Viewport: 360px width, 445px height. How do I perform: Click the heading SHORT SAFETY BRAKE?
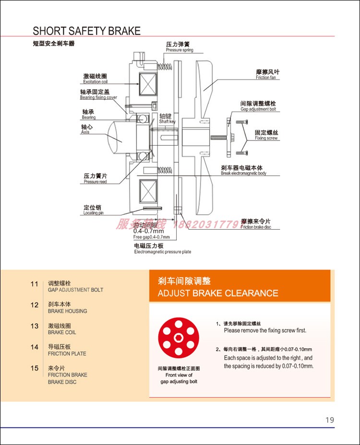tap(86, 31)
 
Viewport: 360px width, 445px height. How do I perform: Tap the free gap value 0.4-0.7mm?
tap(148, 231)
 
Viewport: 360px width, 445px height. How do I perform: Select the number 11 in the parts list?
tap(34, 284)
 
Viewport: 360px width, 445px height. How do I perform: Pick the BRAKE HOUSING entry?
tap(67, 311)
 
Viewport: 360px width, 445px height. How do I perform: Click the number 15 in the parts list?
tap(34, 368)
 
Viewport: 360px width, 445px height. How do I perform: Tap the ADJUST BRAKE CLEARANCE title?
tap(217, 293)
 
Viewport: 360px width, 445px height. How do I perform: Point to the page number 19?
tap(329, 420)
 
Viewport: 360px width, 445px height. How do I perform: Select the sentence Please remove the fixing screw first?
tap(264, 330)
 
